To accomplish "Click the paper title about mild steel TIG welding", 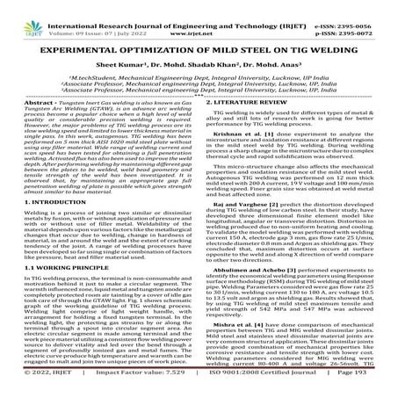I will click(x=199, y=44).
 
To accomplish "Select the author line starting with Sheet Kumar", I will click(x=199, y=63).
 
